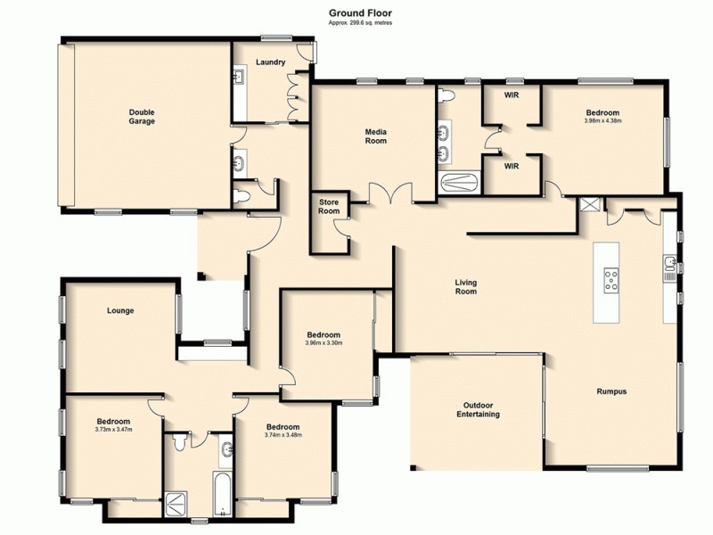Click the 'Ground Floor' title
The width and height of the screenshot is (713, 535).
point(359,12)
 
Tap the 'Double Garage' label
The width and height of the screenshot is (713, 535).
point(142,117)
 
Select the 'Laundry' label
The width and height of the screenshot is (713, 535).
point(270,62)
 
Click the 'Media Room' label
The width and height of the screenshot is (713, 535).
point(376,136)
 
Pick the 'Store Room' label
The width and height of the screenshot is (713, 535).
point(329,207)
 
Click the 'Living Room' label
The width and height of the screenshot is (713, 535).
point(466,287)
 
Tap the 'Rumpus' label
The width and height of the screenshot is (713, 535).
point(611,391)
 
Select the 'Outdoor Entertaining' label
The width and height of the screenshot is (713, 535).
point(478,409)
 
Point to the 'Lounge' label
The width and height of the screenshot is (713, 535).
point(120,311)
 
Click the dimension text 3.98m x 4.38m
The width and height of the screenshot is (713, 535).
point(602,121)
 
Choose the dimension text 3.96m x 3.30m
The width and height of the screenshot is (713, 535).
point(324,342)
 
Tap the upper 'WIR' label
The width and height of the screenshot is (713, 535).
point(512,95)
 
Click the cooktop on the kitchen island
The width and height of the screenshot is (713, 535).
point(611,281)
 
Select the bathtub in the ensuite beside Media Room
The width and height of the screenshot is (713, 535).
point(460,182)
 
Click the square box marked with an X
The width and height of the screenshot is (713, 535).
point(587,204)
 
